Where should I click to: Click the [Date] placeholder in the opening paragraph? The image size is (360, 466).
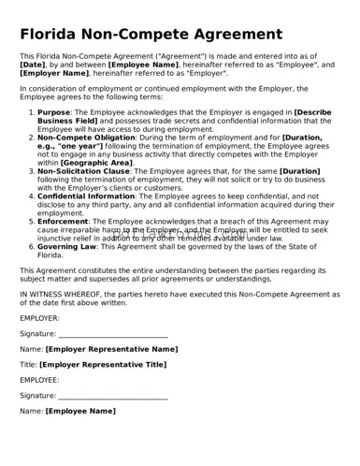pyautogui.click(x=34, y=65)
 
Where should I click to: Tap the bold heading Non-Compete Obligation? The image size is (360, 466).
pyautogui.click(x=85, y=137)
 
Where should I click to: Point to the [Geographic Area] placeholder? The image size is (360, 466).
pyautogui.click(x=97, y=163)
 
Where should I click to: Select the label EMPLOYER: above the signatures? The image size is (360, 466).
pyautogui.click(x=39, y=318)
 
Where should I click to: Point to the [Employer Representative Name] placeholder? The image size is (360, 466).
pyautogui.click(x=111, y=349)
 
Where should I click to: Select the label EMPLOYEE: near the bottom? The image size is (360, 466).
pyautogui.click(x=39, y=380)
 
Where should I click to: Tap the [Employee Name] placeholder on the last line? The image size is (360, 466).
pyautogui.click(x=81, y=411)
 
